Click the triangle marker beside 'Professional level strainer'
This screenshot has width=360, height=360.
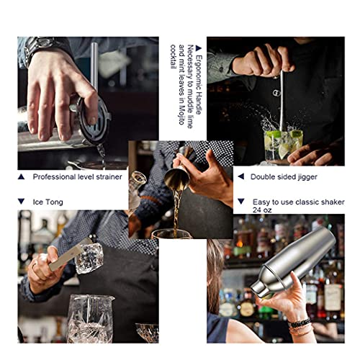21,177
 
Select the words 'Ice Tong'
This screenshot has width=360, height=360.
48,202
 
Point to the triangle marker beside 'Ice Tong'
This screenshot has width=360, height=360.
21,202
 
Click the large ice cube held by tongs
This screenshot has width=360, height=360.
89,258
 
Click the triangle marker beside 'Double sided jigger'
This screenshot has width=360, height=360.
241,176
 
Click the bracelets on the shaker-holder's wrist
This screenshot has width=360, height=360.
300,326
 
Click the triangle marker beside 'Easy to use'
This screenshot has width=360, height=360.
241,202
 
